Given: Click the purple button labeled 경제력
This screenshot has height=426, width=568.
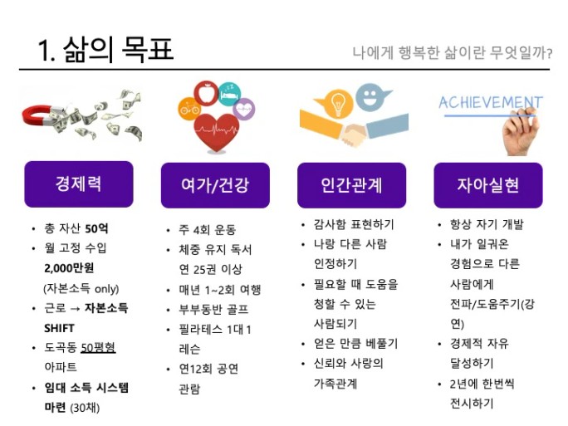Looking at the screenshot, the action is point(79,184).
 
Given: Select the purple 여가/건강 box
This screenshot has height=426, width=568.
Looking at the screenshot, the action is point(215,185).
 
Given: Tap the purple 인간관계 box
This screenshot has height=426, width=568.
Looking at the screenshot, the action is point(351,185).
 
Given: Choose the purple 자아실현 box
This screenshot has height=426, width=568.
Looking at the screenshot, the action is point(488,185).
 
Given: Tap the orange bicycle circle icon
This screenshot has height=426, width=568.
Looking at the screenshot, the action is point(189,108).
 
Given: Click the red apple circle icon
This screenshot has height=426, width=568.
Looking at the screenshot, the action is point(206,93).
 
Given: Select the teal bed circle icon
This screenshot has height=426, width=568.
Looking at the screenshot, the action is point(230,94).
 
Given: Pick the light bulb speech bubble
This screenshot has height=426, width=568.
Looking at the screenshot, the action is point(336,103).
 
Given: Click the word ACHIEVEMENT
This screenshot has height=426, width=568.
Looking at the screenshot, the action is point(491,102).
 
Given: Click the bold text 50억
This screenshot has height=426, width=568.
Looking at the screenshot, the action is point(96,228).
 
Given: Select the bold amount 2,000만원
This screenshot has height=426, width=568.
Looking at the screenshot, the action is point(69,268).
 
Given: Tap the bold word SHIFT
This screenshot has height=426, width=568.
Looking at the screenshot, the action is point(59,328).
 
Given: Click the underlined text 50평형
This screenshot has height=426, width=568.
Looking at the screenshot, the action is point(98,348).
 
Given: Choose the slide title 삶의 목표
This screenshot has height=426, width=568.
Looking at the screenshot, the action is point(118,49).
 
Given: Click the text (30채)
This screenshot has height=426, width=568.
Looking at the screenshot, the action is point(85,408).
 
